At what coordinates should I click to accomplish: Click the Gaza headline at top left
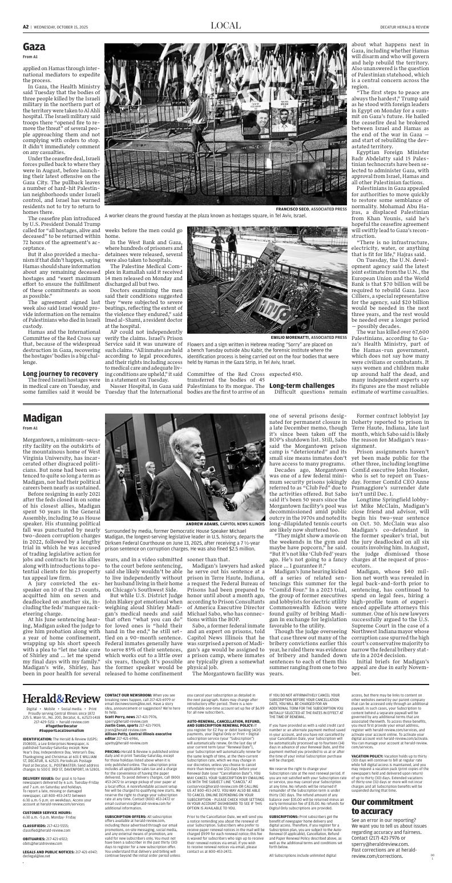click(34, 47)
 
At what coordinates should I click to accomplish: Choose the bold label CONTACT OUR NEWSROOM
click(128, 695)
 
